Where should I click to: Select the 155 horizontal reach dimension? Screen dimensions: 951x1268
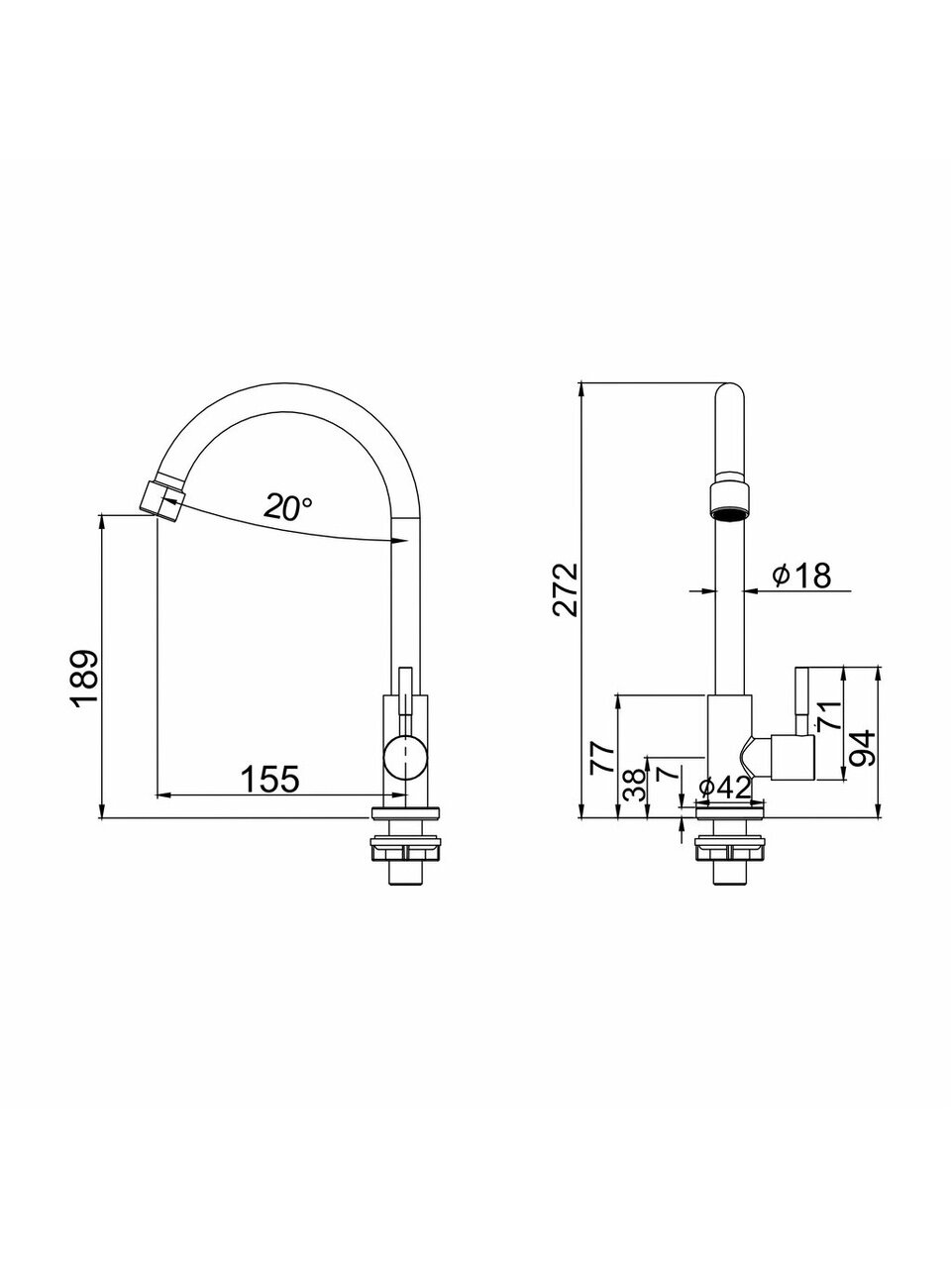(270, 778)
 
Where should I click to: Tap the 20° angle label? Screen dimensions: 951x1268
(287, 506)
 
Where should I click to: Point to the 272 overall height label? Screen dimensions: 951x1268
(565, 589)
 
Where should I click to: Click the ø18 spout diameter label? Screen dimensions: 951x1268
(801, 575)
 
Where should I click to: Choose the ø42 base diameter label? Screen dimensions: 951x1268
(725, 788)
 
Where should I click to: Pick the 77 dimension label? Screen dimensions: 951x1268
(601, 758)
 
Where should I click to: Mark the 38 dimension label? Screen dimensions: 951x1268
(634, 785)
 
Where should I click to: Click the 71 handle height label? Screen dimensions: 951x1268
(827, 716)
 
